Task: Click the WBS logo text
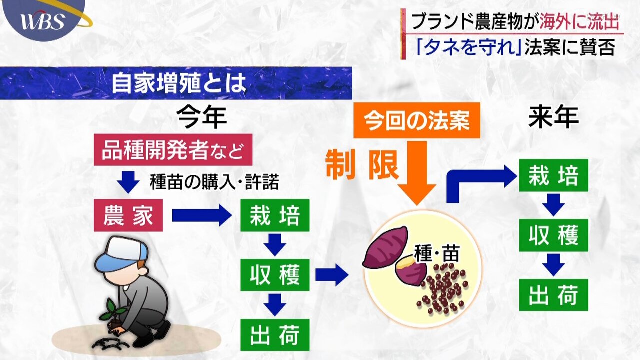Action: click(43, 21)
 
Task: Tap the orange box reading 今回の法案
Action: click(417, 120)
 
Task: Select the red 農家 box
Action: click(128, 215)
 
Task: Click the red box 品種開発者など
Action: click(173, 149)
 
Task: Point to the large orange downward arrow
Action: click(417, 173)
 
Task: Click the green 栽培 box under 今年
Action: click(275, 215)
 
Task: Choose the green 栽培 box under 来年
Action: click(553, 175)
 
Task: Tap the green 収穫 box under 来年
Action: click(553, 235)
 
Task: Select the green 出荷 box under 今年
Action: click(275, 335)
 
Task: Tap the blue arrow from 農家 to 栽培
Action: click(202, 215)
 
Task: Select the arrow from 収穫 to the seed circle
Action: click(332, 275)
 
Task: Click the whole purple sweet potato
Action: click(385, 247)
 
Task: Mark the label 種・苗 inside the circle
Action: click(437, 253)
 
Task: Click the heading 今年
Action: click(201, 117)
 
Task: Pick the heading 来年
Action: click(553, 117)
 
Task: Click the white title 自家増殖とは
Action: click(179, 83)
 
